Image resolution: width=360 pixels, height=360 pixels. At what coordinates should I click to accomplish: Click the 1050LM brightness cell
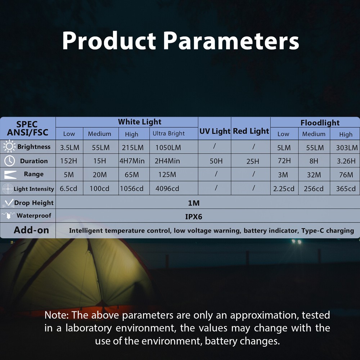[168, 147]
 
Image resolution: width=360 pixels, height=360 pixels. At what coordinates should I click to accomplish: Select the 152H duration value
[69, 161]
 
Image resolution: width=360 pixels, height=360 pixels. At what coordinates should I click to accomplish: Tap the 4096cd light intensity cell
[167, 189]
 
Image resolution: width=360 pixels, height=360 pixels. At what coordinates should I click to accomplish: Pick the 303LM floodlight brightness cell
[347, 147]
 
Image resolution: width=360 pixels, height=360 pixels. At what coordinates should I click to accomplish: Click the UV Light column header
[215, 131]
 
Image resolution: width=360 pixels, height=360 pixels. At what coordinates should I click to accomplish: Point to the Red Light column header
[251, 131]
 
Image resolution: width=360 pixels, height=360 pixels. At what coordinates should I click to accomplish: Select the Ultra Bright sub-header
[168, 134]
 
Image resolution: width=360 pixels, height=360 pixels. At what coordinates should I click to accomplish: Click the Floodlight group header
[320, 123]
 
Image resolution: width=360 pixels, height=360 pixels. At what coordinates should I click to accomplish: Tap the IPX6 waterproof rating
[194, 217]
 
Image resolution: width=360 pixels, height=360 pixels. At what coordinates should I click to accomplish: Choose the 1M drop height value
[194, 203]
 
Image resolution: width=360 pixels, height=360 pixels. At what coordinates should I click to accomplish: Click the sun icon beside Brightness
[9, 146]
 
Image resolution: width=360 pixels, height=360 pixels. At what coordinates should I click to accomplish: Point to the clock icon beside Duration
[10, 161]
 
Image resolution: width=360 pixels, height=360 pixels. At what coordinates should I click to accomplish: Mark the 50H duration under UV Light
[216, 161]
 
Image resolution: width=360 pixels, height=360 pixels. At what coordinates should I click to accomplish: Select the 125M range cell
[167, 175]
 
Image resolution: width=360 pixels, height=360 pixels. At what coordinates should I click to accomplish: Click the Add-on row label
[31, 230]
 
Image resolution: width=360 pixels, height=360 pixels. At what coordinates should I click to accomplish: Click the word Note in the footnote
[57, 315]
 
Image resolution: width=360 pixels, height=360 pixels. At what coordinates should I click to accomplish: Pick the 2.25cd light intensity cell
[284, 189]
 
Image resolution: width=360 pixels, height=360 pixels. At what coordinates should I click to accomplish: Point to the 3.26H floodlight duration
[346, 161]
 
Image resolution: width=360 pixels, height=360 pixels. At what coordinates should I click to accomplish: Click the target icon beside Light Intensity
[8, 189]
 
